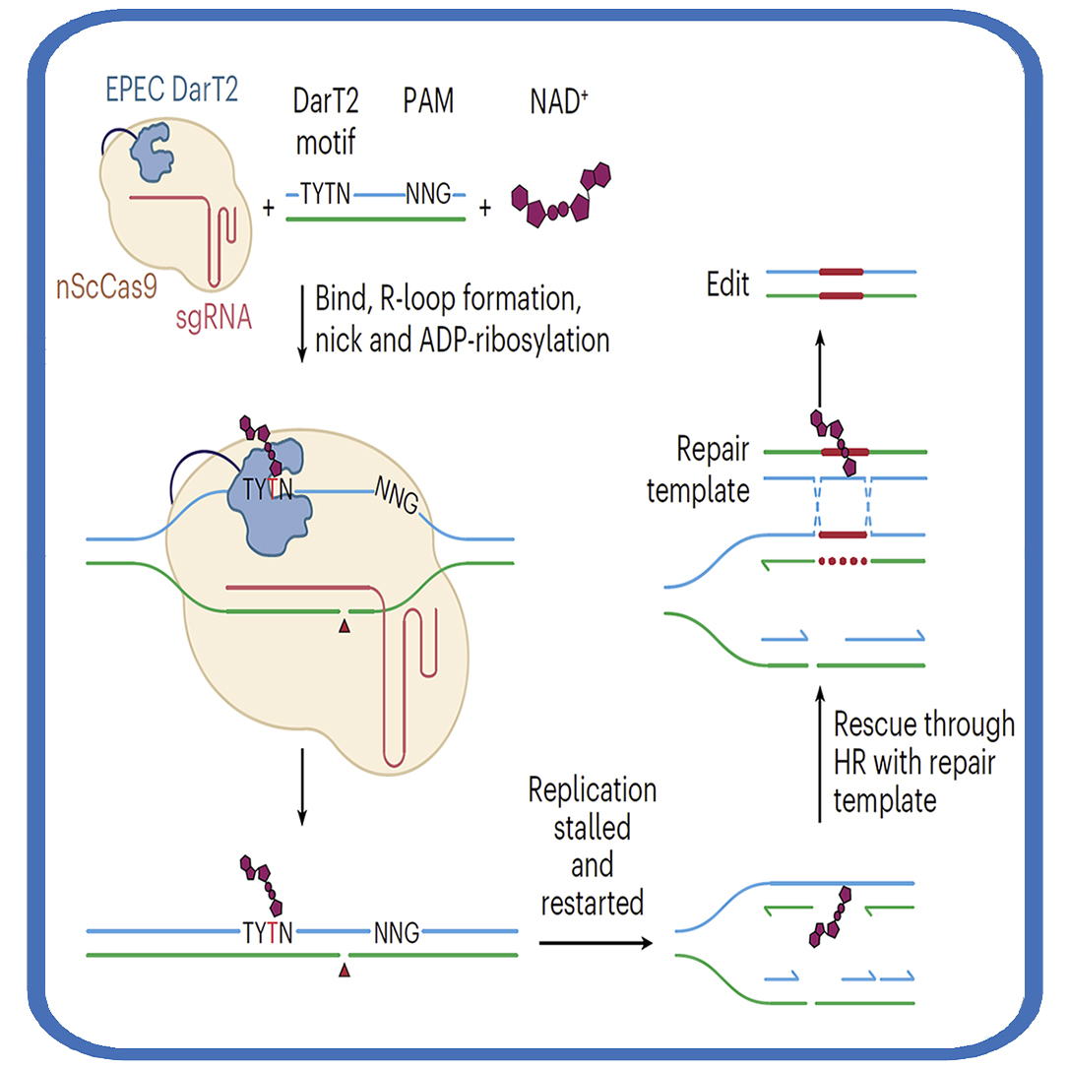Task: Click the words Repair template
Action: [x=698, y=470]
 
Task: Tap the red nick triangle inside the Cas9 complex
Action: [x=344, y=626]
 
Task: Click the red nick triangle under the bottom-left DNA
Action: [x=344, y=973]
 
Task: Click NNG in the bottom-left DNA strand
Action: [x=396, y=932]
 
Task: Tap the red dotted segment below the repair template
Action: [x=841, y=562]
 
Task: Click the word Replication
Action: [x=593, y=789]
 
